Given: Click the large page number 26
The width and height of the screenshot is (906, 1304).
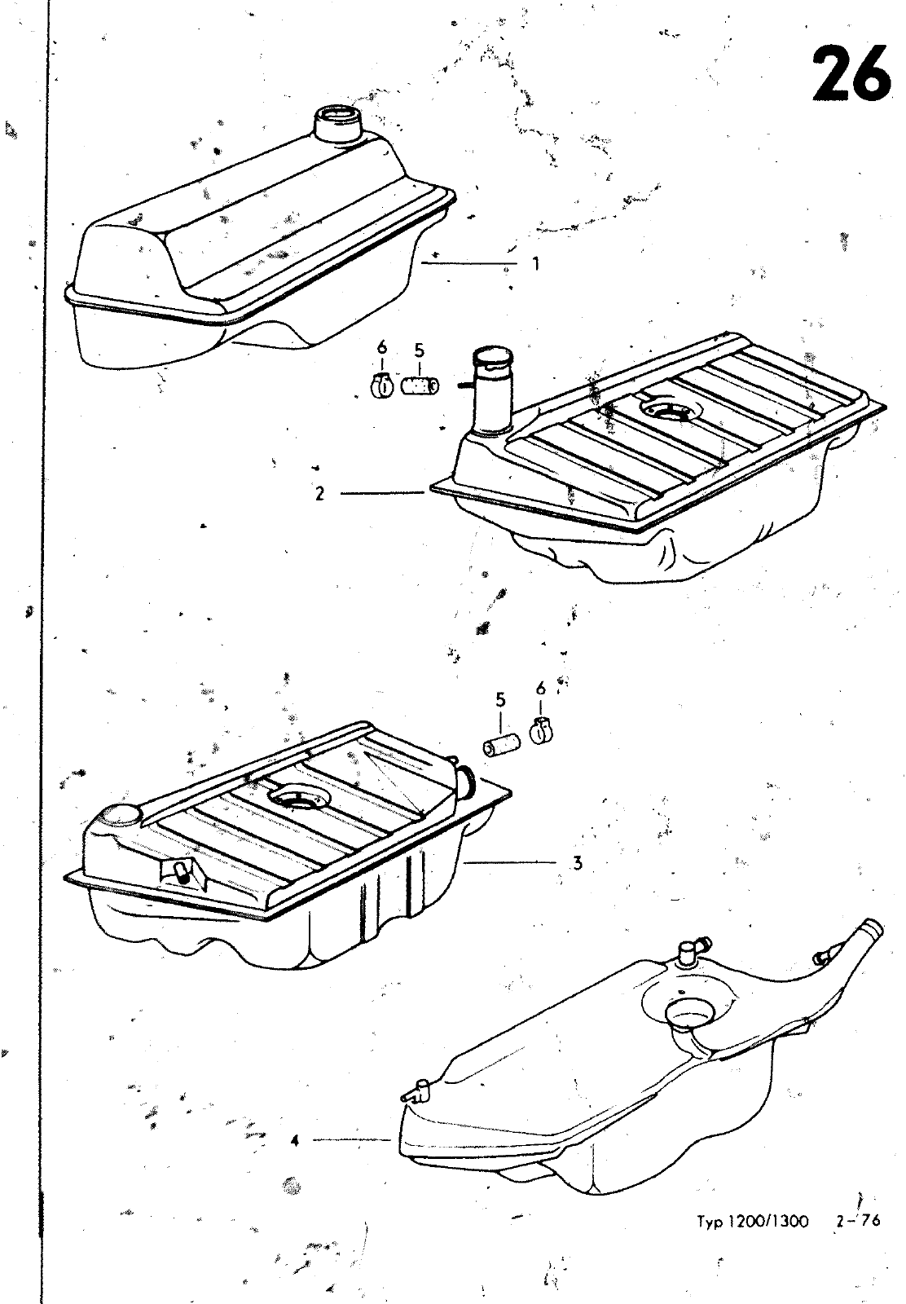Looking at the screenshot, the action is tap(850, 74).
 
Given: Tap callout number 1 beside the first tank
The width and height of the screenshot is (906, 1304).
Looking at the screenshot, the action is tap(536, 264).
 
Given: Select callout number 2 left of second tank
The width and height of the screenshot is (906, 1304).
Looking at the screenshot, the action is tap(320, 494).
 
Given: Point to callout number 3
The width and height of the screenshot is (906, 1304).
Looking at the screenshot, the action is tap(577, 863).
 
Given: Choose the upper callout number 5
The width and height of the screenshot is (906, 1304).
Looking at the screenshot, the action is tap(420, 350).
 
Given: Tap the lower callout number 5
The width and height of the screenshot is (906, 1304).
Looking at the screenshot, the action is tap(501, 700).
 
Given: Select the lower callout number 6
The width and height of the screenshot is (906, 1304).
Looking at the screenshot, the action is tap(541, 689).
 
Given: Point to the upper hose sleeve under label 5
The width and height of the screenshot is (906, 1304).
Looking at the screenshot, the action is tap(420, 386).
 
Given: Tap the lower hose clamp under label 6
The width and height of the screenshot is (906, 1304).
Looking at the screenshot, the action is tap(541, 731).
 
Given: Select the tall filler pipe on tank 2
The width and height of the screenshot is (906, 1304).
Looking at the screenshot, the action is tap(491, 392).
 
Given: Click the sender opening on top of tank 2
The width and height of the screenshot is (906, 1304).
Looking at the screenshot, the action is tap(671, 410).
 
